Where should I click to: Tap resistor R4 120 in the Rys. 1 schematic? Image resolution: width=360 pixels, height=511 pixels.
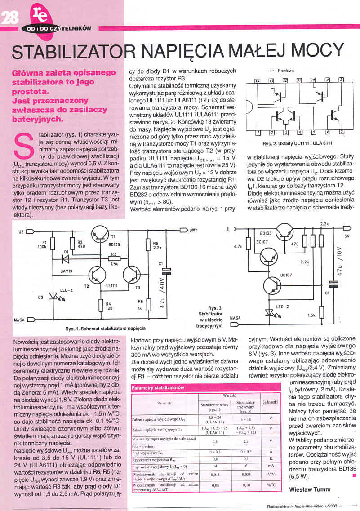[x=100, y=306]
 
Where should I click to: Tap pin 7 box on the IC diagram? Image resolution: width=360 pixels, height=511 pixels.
[x=341, y=132]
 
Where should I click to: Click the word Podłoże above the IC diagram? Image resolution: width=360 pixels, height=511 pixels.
[x=286, y=71]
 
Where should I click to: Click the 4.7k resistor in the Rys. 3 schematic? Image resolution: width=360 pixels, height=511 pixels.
[x=248, y=246]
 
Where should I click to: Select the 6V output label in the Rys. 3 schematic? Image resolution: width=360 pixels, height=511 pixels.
[x=347, y=236]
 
